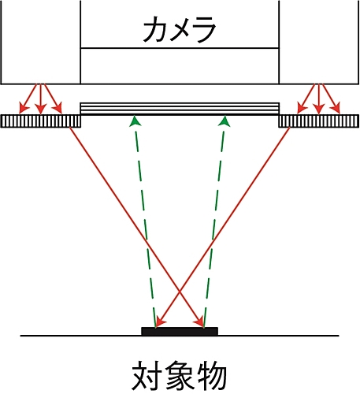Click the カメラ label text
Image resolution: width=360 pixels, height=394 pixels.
pos(180,29)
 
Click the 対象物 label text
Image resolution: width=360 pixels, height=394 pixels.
pos(179,376)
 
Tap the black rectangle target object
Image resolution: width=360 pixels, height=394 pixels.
pos(180,331)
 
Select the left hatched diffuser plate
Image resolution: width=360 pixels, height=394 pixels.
pos(41,121)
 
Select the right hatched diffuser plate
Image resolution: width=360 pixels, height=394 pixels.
pos(319,121)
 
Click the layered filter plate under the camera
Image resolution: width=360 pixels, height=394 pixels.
pos(180,109)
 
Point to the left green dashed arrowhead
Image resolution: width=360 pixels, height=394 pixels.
pos(135,121)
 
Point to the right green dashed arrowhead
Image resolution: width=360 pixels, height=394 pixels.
pos(224,121)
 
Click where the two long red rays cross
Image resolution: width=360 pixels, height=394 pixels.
pos(180,291)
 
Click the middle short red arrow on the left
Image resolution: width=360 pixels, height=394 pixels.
pos(40,98)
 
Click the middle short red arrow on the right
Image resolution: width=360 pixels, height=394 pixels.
pos(319,98)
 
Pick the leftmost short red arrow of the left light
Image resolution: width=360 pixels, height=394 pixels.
pos(28,98)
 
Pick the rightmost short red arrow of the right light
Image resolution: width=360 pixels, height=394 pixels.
pos(331,98)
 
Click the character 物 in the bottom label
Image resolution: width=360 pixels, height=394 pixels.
pos(211,376)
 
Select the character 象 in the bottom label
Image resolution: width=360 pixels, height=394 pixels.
pos(179,376)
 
